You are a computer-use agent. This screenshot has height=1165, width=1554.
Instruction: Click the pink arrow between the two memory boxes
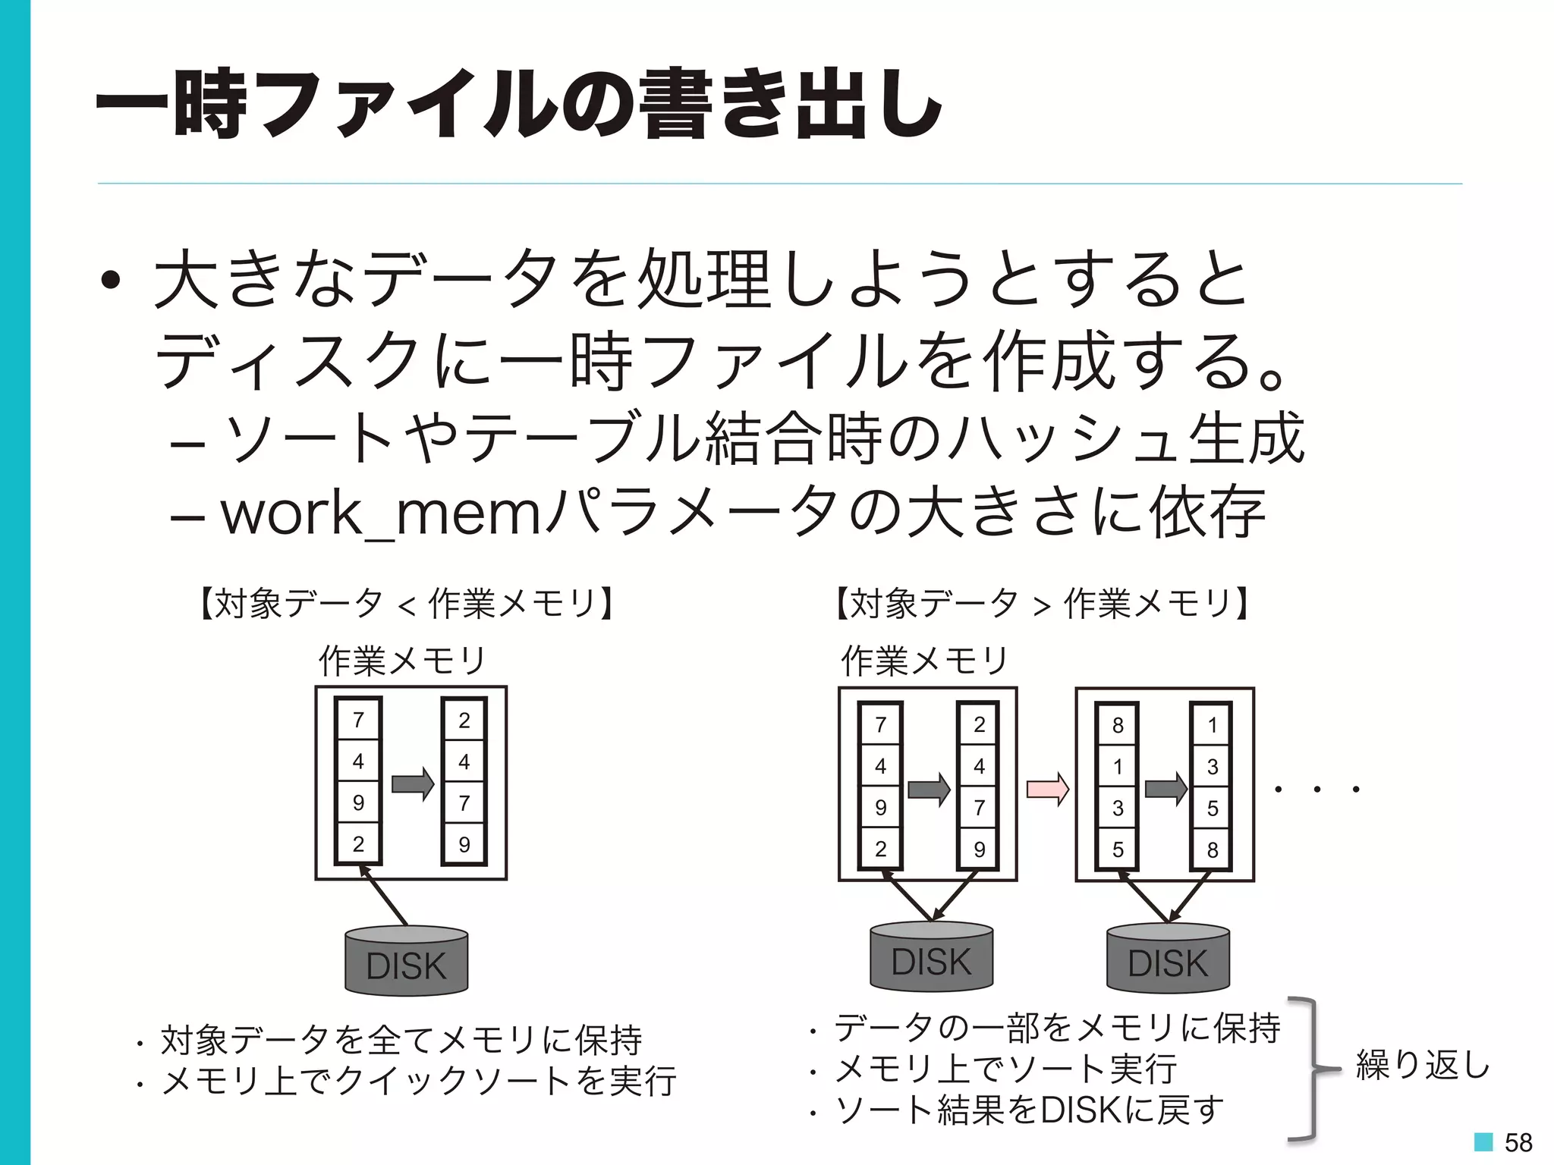tap(1047, 790)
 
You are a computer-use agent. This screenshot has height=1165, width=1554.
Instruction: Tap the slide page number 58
tap(1518, 1142)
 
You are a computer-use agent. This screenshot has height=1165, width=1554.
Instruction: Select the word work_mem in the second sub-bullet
tap(379, 514)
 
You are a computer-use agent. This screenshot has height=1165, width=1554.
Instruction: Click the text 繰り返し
tap(1422, 1065)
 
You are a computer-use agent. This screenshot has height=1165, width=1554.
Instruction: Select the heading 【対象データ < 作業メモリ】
tap(407, 604)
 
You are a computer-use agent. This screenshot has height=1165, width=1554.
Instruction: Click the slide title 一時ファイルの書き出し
tap(519, 104)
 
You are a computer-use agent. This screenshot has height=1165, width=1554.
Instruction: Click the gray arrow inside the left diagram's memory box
tap(413, 784)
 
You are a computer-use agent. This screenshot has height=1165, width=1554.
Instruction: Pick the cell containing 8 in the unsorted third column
tap(1118, 726)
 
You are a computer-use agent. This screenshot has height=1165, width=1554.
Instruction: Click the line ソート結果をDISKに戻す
tap(1028, 1110)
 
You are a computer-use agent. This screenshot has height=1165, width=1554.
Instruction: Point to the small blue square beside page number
tap(1483, 1141)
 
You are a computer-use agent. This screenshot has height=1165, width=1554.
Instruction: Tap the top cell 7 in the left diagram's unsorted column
tap(358, 720)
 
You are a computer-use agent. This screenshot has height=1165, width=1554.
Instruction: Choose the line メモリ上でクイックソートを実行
tap(418, 1081)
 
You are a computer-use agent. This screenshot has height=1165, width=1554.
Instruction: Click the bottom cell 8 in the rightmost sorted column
tap(1212, 849)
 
